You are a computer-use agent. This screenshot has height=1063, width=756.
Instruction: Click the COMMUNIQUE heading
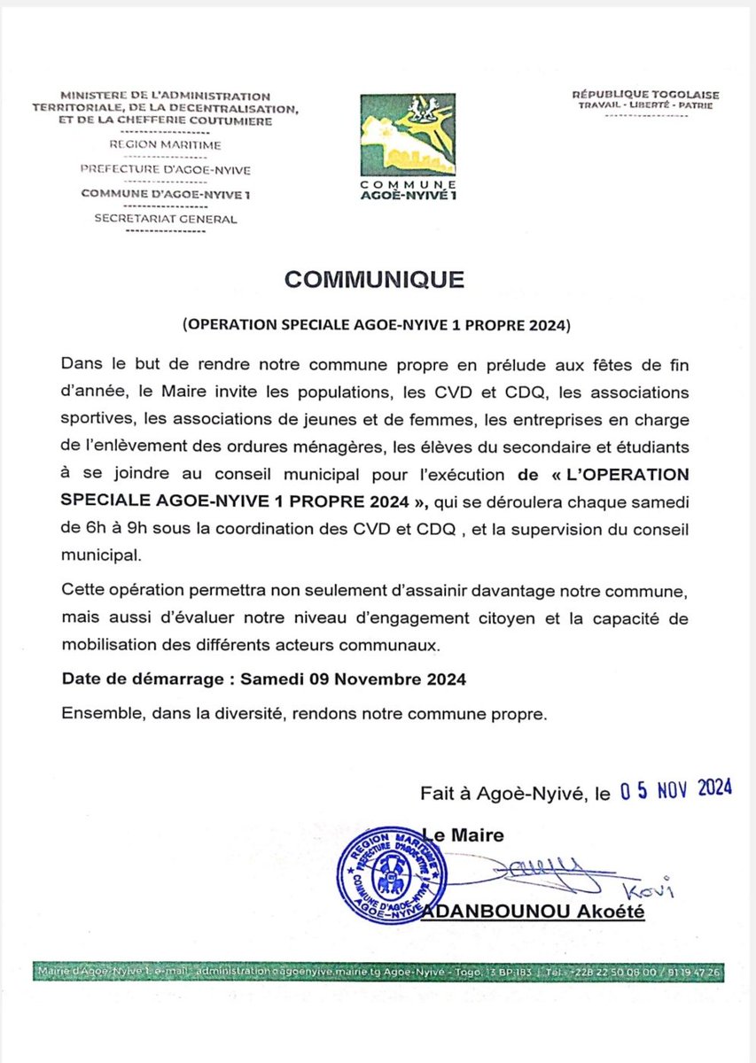pos(374,279)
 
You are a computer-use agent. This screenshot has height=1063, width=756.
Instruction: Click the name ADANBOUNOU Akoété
pos(534,912)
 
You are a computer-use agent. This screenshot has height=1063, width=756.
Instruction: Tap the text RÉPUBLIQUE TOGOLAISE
pos(645,94)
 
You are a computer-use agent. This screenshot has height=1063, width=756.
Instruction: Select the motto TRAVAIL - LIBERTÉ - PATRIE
pos(645,105)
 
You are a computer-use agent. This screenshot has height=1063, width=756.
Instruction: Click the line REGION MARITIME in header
pos(165,144)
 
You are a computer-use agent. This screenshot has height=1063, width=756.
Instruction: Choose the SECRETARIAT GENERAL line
pos(166,218)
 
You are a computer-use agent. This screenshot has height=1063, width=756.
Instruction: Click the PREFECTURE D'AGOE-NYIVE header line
pos(165,168)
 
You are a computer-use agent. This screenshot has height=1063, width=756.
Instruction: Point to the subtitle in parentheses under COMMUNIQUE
pos(377,325)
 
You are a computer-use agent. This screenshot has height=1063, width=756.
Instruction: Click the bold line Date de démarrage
pos(263,679)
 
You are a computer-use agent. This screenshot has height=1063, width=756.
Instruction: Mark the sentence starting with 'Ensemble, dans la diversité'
pos(306,712)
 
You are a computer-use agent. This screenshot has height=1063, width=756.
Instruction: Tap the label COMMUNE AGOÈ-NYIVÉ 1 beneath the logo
pos(409,189)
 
